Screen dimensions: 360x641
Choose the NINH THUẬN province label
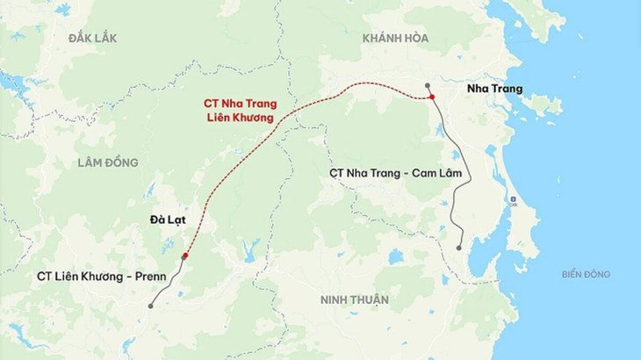(x=355, y=299)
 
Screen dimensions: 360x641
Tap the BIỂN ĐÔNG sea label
(x=586, y=275)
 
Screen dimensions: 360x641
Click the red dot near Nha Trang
(x=433, y=96)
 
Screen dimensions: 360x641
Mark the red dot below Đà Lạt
(x=184, y=256)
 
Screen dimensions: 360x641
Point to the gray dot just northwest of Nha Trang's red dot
(x=427, y=86)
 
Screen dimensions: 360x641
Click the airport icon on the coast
(x=514, y=201)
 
